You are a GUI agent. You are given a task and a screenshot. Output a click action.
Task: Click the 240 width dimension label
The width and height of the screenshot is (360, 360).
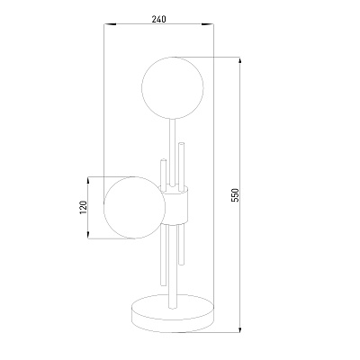click(x=158, y=20)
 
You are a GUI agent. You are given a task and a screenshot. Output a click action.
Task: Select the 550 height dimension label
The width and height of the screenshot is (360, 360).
click(x=236, y=195)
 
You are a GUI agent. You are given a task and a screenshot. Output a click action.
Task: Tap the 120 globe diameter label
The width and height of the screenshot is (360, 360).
click(x=84, y=207)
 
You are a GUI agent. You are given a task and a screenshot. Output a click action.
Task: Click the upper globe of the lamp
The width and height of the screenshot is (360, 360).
click(x=173, y=87)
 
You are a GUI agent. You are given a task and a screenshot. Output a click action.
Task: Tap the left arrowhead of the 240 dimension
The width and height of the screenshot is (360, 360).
click(x=110, y=24)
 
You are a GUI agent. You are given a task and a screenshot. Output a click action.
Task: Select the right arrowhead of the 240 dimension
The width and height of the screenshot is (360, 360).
click(x=207, y=24)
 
